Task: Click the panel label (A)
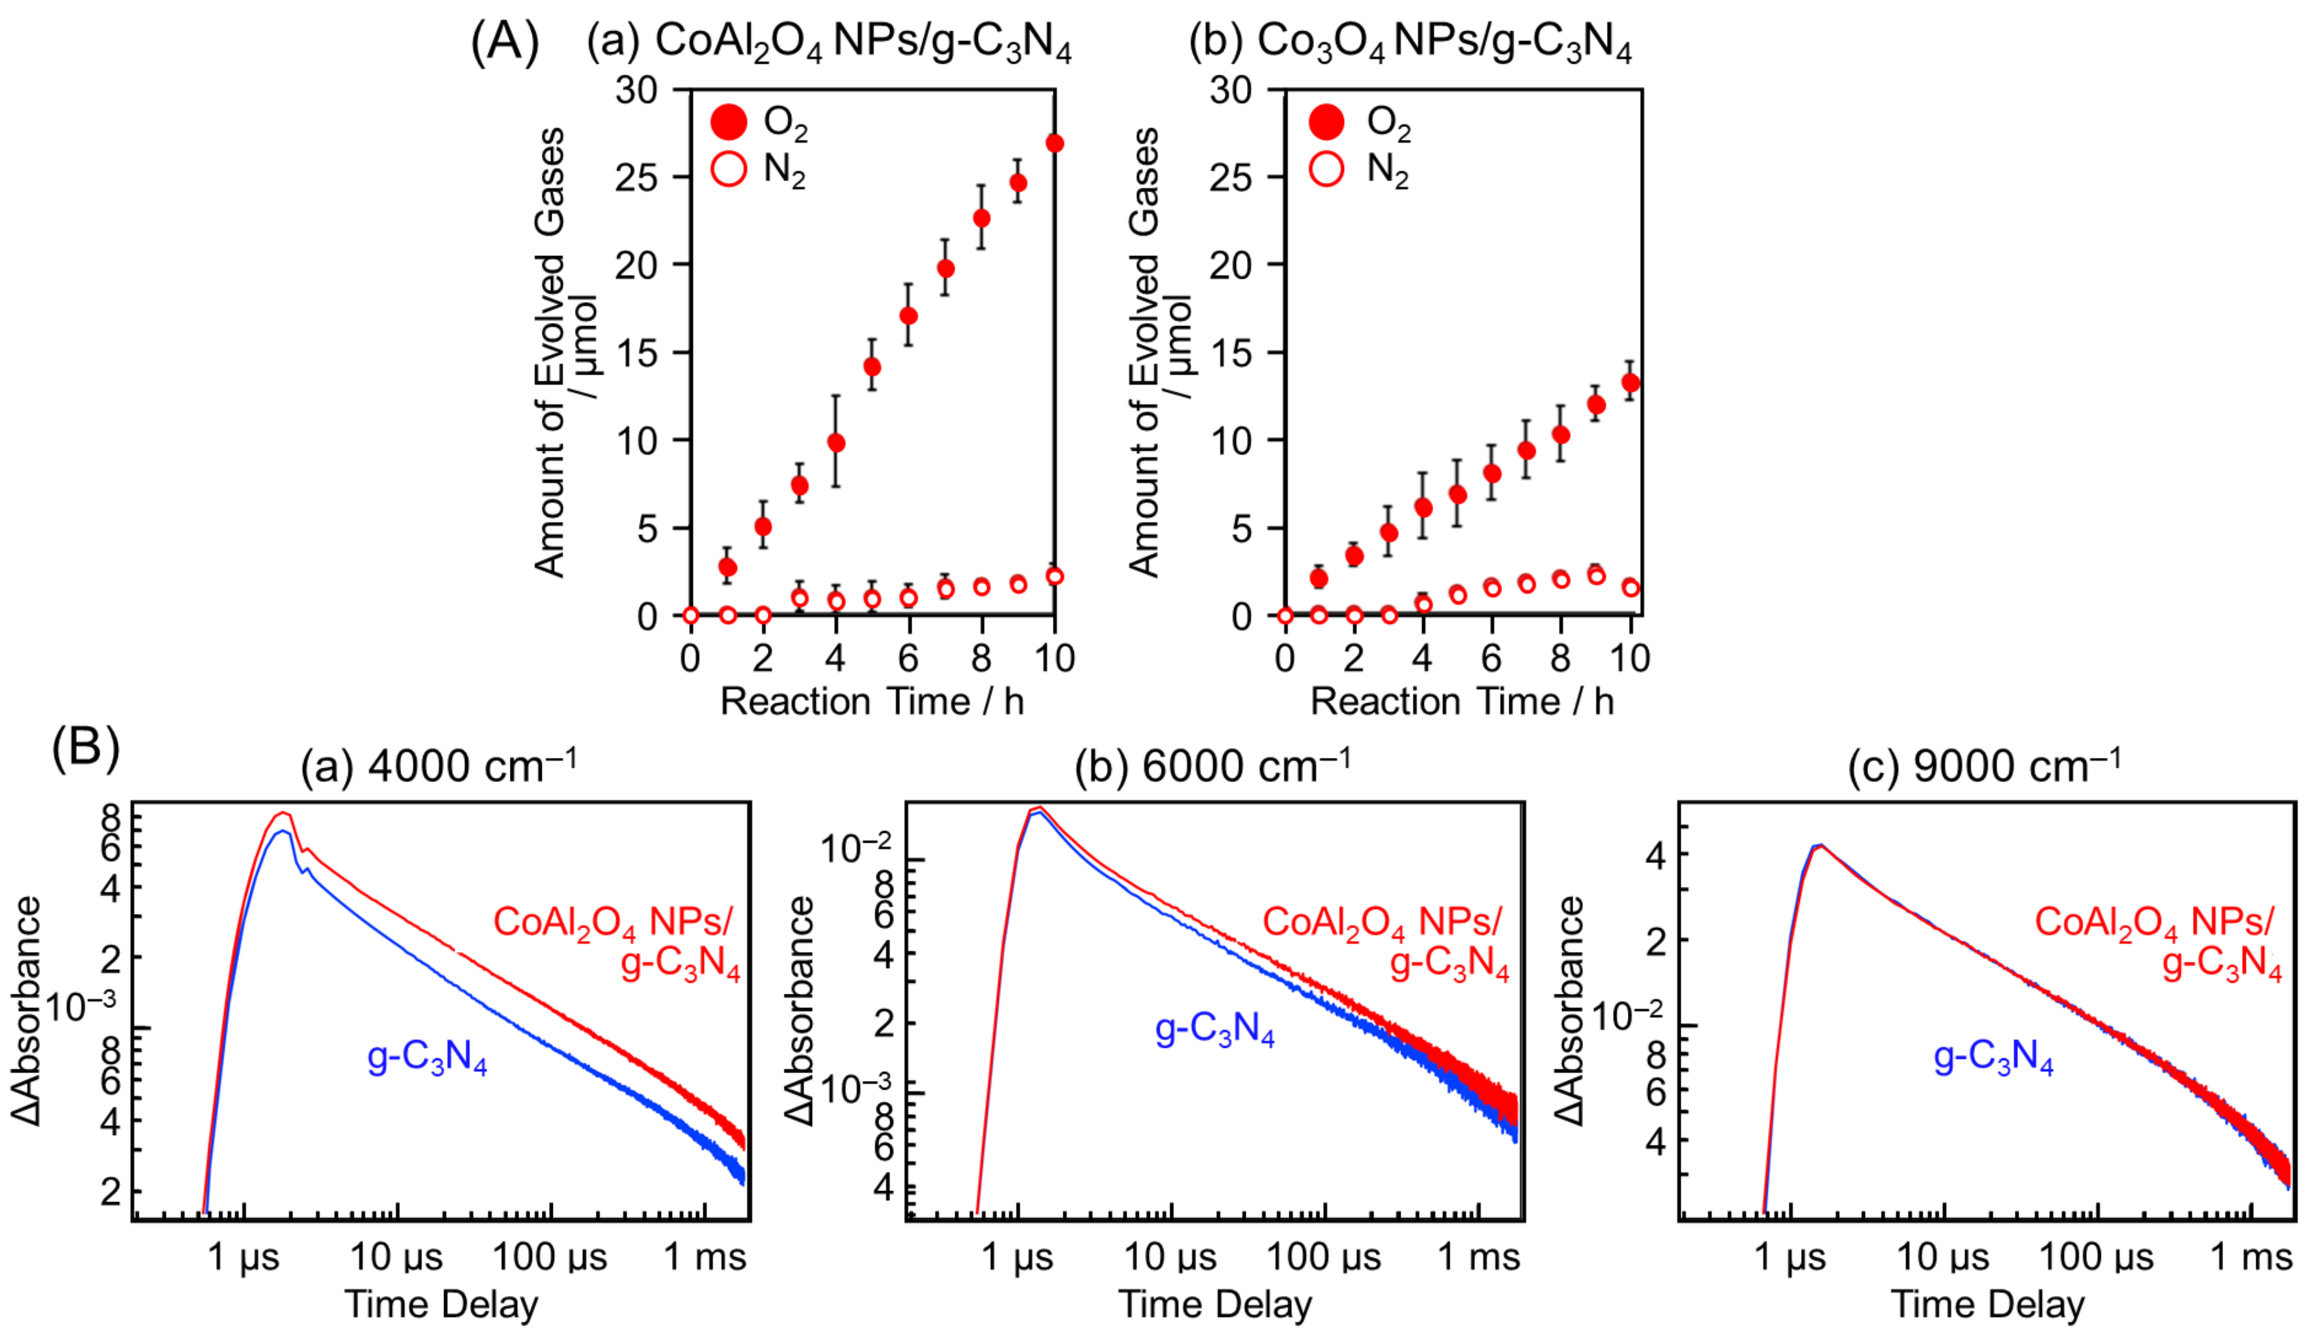click(x=504, y=43)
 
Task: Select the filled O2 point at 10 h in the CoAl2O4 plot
click(x=1054, y=143)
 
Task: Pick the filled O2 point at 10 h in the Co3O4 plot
click(x=1630, y=382)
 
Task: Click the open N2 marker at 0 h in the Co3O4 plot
click(x=1285, y=615)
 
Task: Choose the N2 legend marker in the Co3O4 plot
click(x=1326, y=169)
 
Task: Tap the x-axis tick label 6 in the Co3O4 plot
click(x=1491, y=658)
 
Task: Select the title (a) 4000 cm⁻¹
click(x=438, y=766)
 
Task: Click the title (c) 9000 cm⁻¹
click(x=1983, y=766)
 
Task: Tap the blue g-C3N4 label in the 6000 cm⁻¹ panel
click(x=1214, y=1031)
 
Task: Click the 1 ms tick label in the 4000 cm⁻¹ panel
click(x=704, y=1257)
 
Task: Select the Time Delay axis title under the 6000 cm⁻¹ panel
click(x=1214, y=1304)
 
